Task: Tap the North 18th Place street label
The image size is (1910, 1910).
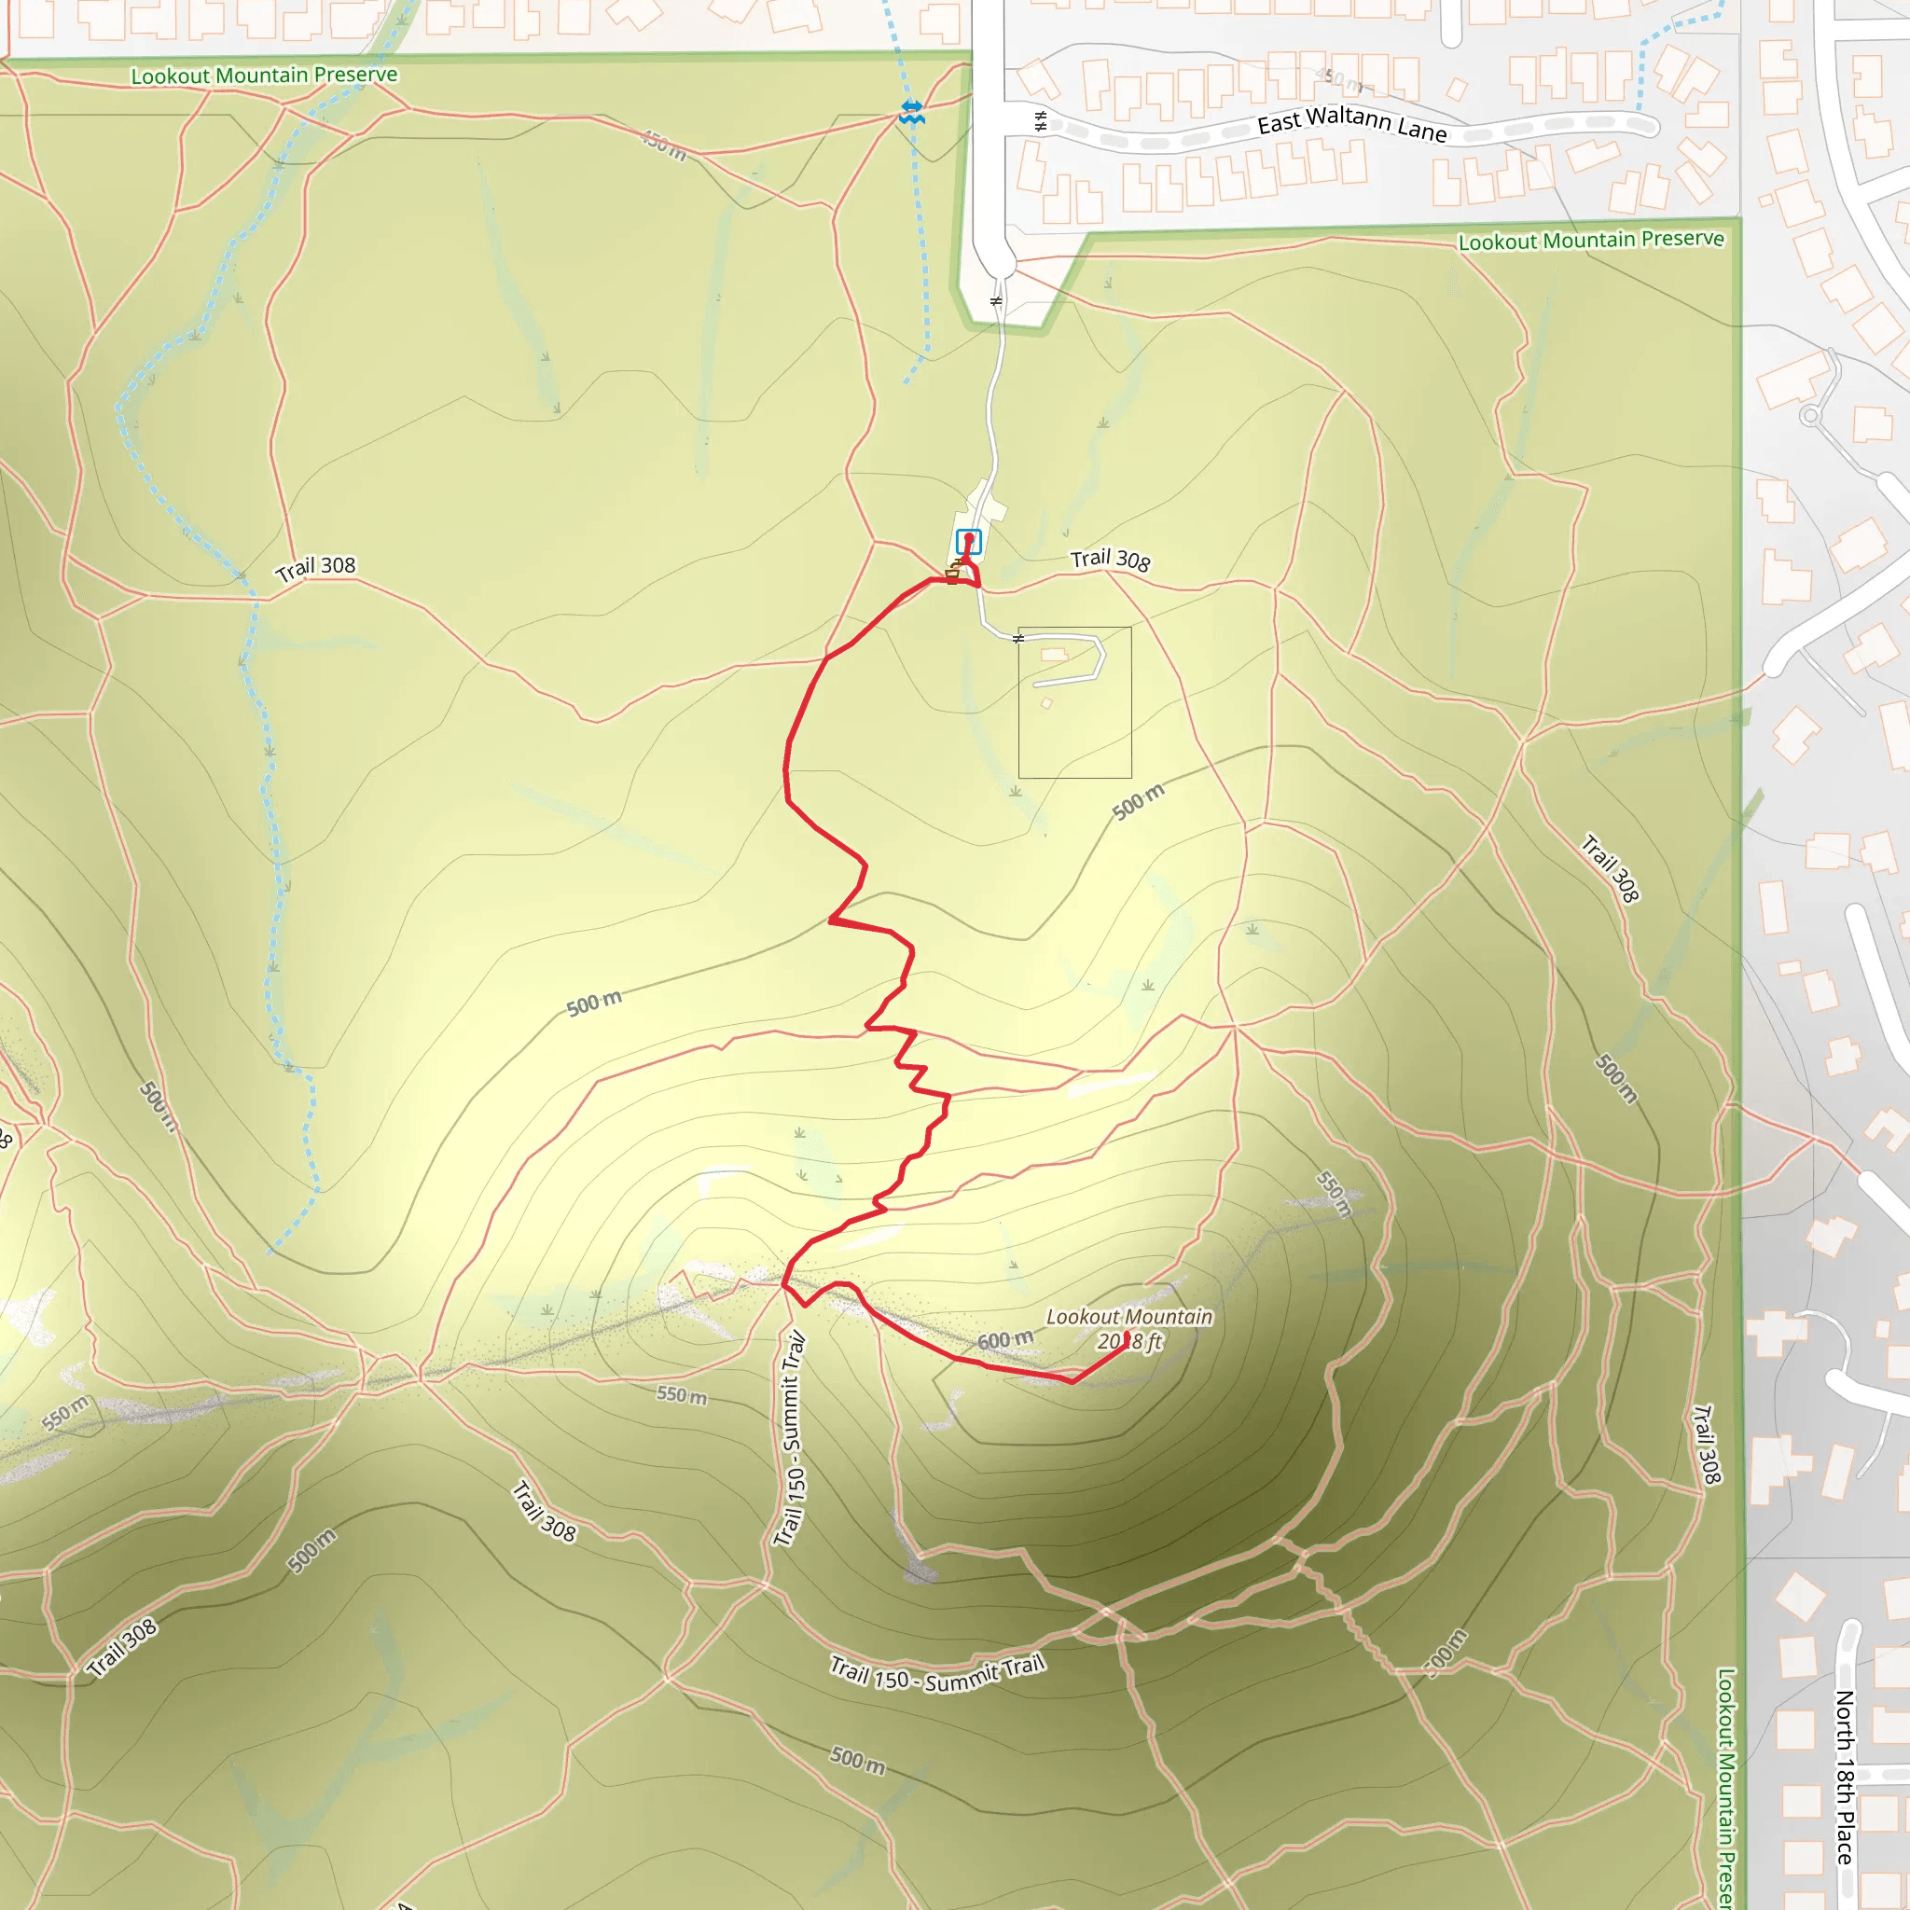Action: (x=1845, y=1777)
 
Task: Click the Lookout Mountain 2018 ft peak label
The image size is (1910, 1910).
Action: (x=1129, y=1329)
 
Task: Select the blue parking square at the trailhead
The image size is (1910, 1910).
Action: (x=968, y=542)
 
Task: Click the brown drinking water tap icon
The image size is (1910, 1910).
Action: (x=953, y=574)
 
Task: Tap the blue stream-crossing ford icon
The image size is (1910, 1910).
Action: (x=911, y=112)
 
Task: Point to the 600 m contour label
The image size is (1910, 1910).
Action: (x=1005, y=1340)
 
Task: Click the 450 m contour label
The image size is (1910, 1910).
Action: (x=663, y=145)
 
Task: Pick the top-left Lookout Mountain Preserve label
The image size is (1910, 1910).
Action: (x=264, y=76)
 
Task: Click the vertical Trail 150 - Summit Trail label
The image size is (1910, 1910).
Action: (x=791, y=1439)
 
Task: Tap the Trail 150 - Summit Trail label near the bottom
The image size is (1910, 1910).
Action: (x=937, y=1674)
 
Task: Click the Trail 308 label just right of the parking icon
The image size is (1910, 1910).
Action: (x=1110, y=560)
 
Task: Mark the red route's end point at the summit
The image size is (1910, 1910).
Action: (x=1126, y=1336)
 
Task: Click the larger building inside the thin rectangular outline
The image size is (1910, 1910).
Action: (x=1054, y=655)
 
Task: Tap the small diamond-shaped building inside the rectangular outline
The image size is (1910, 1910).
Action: (x=1047, y=704)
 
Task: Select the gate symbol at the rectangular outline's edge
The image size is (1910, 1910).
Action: (x=1018, y=639)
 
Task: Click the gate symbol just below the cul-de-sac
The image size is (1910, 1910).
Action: (x=997, y=300)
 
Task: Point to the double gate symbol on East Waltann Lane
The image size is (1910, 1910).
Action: (x=1040, y=121)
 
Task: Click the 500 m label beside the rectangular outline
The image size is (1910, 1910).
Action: (x=1139, y=801)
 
